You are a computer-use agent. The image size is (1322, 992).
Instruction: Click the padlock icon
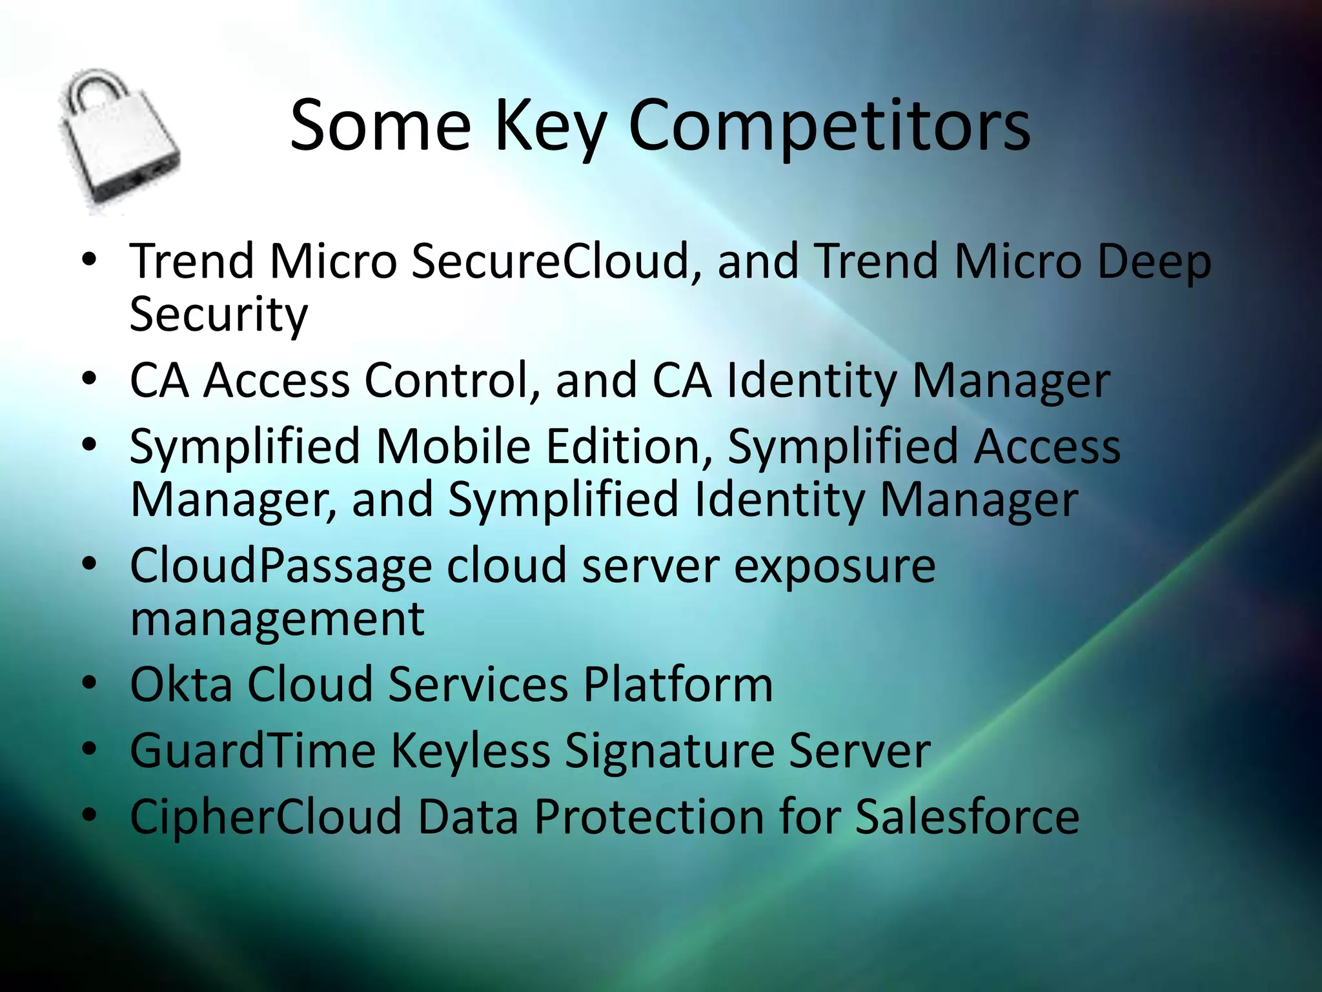click(119, 142)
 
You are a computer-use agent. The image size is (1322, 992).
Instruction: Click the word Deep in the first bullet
click(1154, 262)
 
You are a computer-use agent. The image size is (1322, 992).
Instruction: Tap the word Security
click(218, 315)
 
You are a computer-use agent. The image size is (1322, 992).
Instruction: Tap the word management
click(278, 619)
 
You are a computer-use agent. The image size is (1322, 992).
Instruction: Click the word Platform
click(678, 685)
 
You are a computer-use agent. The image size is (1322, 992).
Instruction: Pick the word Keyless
click(471, 751)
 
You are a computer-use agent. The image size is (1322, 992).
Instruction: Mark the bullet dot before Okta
click(89, 683)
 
